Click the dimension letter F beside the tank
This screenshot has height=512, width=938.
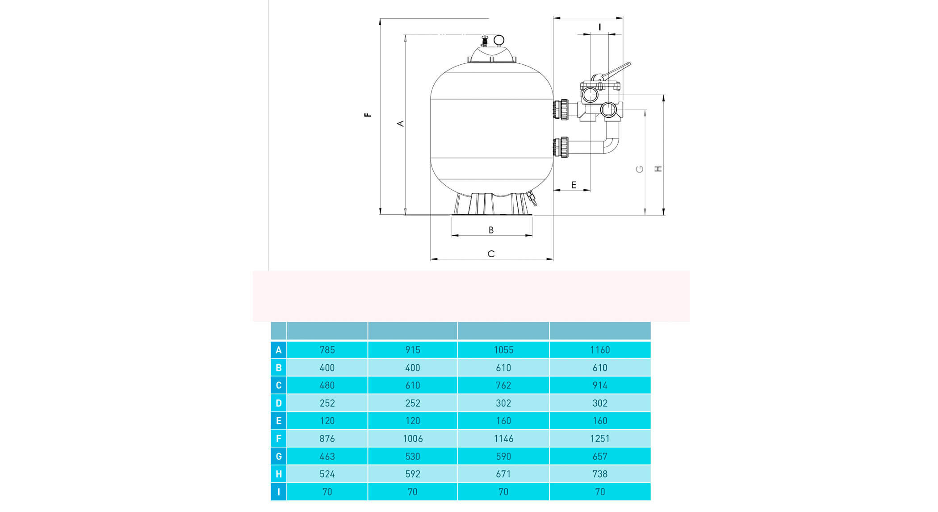pos(368,115)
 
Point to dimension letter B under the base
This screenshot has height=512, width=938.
pos(491,230)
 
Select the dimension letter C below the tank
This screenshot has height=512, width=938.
pos(491,254)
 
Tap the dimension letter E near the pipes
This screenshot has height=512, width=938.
pos(574,185)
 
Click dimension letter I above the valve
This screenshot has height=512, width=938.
pos(599,27)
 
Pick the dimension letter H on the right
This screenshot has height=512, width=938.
pos(658,169)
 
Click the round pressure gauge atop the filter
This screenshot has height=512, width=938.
pos(498,40)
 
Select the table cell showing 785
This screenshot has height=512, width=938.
pos(327,350)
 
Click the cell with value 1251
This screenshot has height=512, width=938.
pos(600,438)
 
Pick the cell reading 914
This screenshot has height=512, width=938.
pos(600,385)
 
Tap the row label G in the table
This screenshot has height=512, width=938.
pos(279,456)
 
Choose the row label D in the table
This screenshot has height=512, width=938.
pos(279,403)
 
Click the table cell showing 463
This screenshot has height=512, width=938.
pos(327,456)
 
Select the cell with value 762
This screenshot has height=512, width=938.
pos(503,385)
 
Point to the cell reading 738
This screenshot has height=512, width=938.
pos(600,474)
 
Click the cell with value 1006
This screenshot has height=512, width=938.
pos(413,438)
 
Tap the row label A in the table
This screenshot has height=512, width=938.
pos(279,350)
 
